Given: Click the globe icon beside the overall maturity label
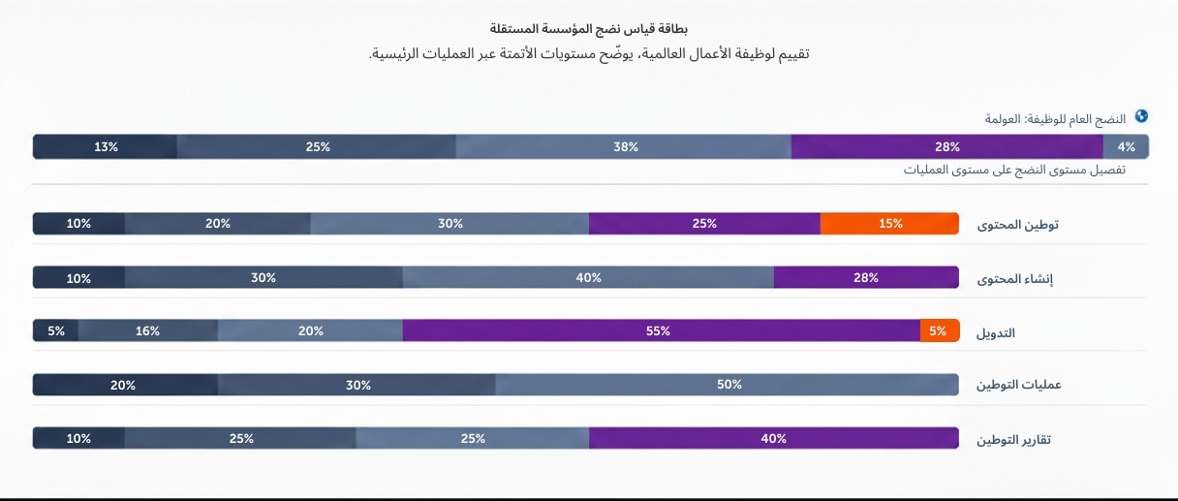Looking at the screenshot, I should tap(1141, 116).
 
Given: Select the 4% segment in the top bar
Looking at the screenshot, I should tap(1126, 147).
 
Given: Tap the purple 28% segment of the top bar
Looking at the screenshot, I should tap(946, 147).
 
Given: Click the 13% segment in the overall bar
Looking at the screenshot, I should tap(106, 147).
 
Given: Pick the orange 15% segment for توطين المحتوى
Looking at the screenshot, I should tap(889, 223).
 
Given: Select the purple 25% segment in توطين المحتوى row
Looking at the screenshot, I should tap(704, 223).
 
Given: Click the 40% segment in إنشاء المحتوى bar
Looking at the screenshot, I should tap(588, 277).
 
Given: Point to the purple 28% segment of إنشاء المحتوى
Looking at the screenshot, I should tap(866, 277).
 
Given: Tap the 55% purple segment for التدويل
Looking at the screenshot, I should tap(661, 330).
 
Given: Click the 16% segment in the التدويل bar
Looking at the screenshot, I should tap(147, 330).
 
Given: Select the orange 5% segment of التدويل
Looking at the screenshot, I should tap(939, 330).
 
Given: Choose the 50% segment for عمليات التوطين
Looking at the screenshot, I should tap(728, 385).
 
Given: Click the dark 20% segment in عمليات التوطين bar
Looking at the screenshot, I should tap(124, 385).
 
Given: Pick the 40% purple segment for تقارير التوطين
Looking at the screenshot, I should tap(773, 438).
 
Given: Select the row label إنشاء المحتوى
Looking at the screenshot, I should tap(1019, 279).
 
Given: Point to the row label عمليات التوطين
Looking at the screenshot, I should tap(1018, 386).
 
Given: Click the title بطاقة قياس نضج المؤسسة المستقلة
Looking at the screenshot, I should tap(589, 29).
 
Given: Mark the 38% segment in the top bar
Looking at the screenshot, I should tap(625, 147).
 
